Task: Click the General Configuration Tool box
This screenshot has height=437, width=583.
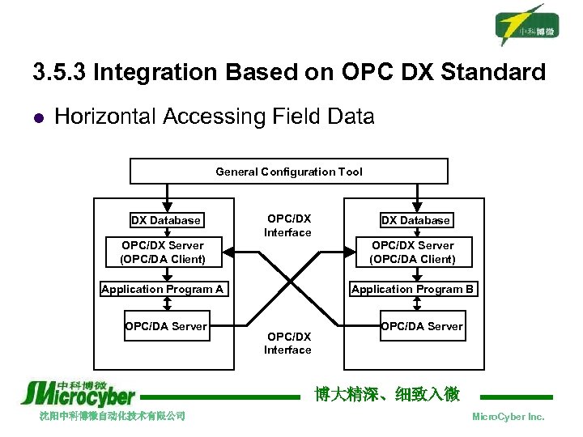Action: click(x=289, y=172)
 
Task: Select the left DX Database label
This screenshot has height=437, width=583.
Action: click(x=166, y=220)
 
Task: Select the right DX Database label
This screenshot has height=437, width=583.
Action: click(x=415, y=220)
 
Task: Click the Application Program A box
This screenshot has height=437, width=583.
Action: click(x=163, y=289)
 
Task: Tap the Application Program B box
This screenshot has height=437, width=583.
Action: click(x=413, y=289)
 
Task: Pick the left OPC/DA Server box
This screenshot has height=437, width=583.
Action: click(x=166, y=326)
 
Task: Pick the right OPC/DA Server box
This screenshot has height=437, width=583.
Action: click(x=421, y=326)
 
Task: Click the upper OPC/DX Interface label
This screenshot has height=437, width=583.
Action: click(x=288, y=226)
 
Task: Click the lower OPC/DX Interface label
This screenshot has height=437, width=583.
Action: click(x=287, y=343)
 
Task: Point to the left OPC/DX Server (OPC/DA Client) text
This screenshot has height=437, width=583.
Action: click(x=163, y=252)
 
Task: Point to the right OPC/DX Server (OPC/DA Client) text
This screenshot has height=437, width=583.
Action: click(x=412, y=252)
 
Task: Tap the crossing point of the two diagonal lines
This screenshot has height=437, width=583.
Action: click(x=289, y=282)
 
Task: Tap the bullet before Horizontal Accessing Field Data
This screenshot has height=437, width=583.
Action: click(x=37, y=117)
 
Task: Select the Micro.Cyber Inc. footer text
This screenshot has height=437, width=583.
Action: click(x=508, y=417)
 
